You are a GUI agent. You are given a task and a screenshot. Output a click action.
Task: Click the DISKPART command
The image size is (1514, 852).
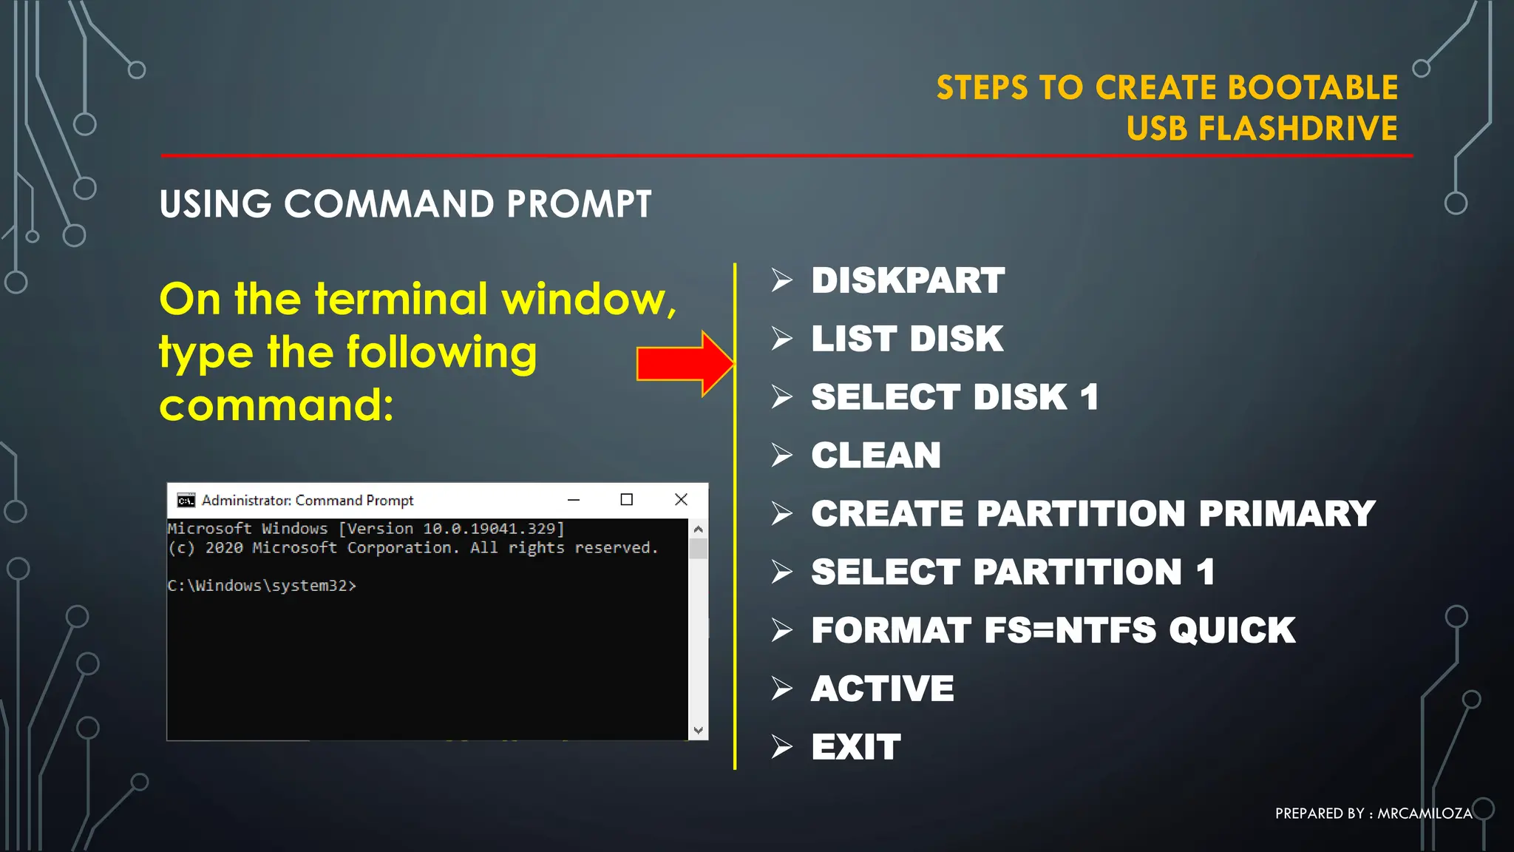point(907,281)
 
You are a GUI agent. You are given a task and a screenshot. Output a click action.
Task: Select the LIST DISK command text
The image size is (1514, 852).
point(906,339)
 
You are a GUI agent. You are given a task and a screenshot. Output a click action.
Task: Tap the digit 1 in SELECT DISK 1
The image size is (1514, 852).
point(1089,398)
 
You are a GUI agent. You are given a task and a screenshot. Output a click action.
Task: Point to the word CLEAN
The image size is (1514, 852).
point(875,456)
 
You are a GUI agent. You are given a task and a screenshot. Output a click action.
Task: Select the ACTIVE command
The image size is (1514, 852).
point(882,689)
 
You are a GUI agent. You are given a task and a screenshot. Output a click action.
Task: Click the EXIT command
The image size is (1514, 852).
point(855,747)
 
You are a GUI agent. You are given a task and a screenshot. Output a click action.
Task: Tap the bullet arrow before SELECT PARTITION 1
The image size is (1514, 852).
point(781,572)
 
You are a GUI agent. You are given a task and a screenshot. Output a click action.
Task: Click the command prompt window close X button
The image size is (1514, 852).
point(681,500)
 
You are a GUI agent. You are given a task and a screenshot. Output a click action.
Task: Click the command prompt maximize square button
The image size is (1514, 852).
point(626,500)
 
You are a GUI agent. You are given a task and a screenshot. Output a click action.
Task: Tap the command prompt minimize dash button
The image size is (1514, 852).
point(573,500)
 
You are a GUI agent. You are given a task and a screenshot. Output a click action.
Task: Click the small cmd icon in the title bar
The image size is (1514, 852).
point(186,501)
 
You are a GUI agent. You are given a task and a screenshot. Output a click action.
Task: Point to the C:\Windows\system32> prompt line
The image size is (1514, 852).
point(261,586)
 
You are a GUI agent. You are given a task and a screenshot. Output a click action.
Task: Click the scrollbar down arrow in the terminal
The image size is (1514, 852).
point(698,731)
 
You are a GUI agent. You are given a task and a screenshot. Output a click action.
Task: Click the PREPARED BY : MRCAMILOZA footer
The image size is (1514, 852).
point(1373,814)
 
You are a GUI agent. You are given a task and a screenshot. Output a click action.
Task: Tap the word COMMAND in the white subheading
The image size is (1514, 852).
point(389,204)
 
